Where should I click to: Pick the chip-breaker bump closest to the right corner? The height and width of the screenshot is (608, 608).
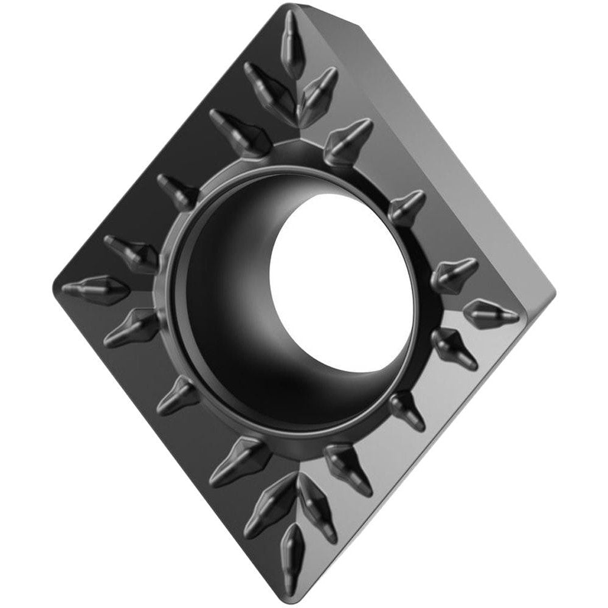coord(491,311)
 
